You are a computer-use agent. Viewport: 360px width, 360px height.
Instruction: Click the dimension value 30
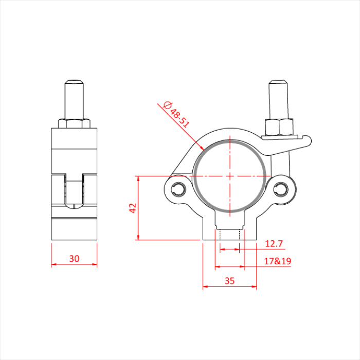74,258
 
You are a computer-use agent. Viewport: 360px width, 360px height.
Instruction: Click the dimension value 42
132,208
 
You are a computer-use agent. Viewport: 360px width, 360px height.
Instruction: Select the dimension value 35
229,280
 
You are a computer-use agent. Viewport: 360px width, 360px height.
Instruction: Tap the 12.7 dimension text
274,243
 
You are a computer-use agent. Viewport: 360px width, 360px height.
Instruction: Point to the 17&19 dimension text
277,261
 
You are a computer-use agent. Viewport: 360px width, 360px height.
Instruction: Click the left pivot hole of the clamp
179,188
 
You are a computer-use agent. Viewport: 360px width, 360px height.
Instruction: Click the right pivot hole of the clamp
280,188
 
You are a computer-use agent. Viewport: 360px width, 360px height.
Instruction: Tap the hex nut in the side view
75,123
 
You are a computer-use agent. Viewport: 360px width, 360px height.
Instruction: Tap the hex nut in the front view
279,127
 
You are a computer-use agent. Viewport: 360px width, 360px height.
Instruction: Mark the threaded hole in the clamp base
229,236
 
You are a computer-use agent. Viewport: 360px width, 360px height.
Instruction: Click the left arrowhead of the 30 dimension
53,265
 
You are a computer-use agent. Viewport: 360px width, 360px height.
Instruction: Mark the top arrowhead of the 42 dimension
138,178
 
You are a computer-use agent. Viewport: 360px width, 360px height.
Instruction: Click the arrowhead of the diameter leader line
202,148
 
